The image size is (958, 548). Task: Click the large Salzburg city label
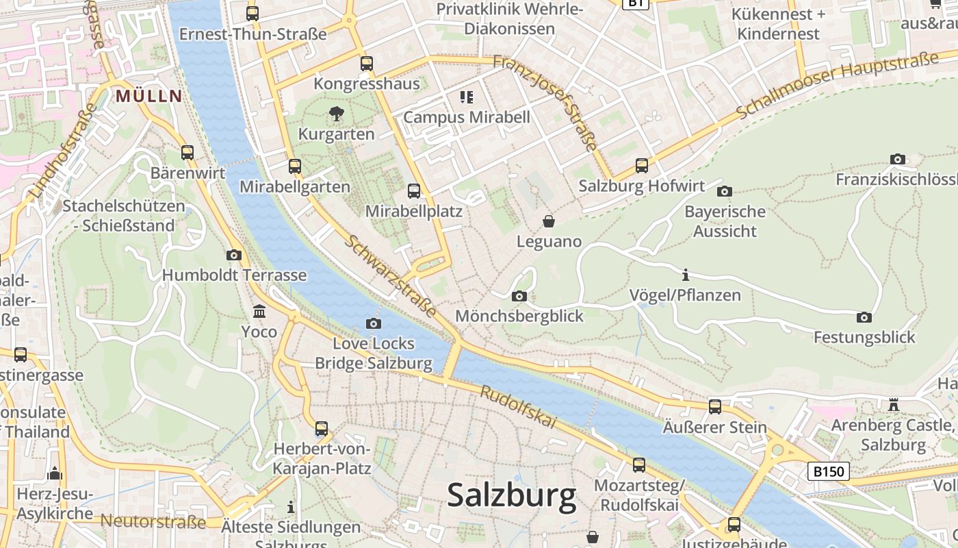click(512, 495)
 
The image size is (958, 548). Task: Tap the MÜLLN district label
click(148, 96)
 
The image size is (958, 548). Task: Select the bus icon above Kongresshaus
click(367, 64)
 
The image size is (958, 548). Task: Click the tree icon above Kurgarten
click(336, 114)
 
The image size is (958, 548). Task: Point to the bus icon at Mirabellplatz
click(414, 191)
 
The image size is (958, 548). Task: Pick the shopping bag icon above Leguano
click(549, 221)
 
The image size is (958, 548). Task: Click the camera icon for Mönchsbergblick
click(519, 296)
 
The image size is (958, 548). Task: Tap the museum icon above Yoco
click(259, 312)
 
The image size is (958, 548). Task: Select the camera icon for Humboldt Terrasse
click(234, 255)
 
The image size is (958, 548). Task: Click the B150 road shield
click(829, 471)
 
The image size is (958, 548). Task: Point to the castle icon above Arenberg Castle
click(893, 405)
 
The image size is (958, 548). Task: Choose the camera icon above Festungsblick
click(864, 317)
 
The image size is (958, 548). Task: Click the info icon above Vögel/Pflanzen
click(685, 275)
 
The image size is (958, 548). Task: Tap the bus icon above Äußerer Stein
click(715, 407)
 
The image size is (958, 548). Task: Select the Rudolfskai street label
click(518, 408)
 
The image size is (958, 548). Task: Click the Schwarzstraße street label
click(389, 275)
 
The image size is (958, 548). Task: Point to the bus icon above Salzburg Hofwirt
click(641, 166)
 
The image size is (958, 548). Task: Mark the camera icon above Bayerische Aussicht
click(725, 191)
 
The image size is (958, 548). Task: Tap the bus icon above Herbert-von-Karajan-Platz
click(322, 429)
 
